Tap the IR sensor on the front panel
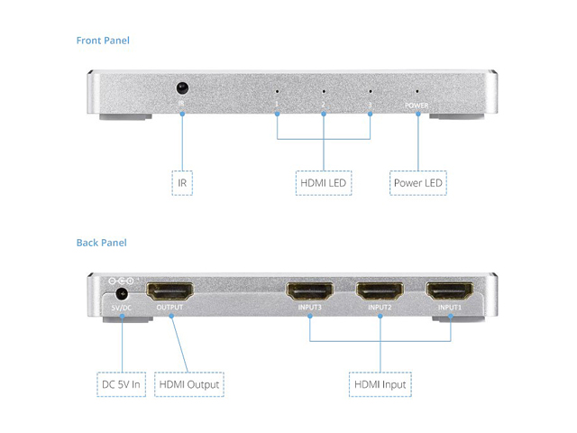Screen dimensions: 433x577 tap(182, 89)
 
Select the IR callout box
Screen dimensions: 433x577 tap(182, 183)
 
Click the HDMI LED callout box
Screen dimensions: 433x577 tap(324, 183)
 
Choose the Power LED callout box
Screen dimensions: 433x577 tap(419, 183)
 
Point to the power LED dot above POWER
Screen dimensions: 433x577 tap(417, 92)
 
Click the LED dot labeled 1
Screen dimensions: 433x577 tap(277, 92)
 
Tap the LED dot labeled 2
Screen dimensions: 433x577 tap(324, 92)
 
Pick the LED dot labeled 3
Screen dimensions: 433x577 tap(371, 92)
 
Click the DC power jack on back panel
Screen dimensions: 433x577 tap(122, 293)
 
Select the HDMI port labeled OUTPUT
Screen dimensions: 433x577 tap(169, 292)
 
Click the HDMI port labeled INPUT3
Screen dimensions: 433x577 tap(309, 292)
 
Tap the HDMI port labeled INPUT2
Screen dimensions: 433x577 tap(380, 292)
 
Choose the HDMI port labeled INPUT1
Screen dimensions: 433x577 tap(450, 292)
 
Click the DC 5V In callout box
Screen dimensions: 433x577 tap(122, 385)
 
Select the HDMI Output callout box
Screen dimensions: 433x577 tap(188, 385)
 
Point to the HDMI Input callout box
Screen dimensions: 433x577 tap(380, 385)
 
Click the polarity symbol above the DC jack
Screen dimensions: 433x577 tap(121, 281)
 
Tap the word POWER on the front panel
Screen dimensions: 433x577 tap(417, 106)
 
